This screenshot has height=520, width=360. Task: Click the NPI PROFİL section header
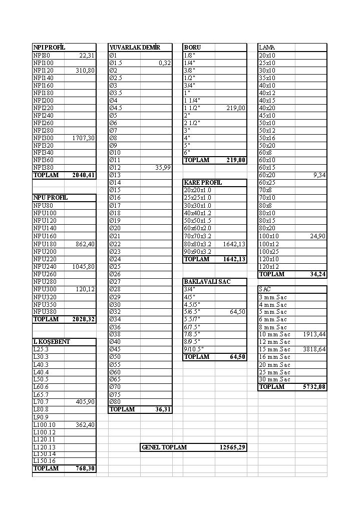49,48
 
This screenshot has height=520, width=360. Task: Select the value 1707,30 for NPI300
84,138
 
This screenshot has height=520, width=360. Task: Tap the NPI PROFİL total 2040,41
84,175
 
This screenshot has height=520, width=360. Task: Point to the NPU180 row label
45,244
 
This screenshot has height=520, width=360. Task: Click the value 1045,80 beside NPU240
84,267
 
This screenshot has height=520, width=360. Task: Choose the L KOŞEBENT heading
52,342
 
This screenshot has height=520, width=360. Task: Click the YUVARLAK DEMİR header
135,48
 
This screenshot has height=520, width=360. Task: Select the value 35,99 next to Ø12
162,168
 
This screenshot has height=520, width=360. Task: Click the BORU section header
192,48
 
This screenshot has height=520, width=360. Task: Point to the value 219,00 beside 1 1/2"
236,108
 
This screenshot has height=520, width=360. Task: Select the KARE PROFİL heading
203,183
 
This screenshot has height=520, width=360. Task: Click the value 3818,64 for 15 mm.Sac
314,349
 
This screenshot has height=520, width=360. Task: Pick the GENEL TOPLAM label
164,447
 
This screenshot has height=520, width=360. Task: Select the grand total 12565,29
232,447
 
